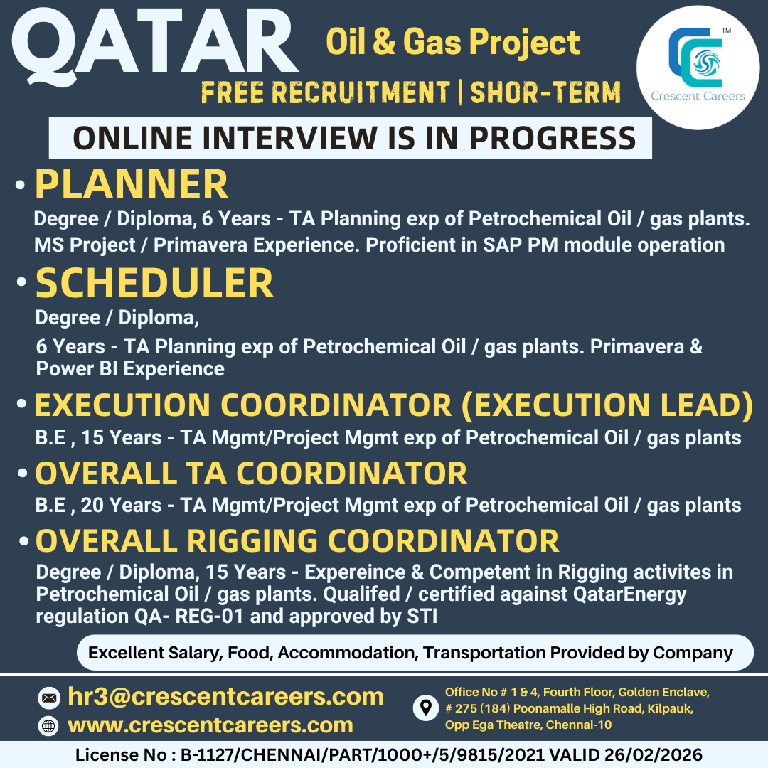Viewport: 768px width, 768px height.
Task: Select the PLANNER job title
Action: [x=132, y=184]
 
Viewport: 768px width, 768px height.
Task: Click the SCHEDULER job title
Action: [x=154, y=283]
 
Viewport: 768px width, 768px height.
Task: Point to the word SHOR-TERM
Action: [x=545, y=92]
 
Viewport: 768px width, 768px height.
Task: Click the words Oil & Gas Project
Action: [x=452, y=42]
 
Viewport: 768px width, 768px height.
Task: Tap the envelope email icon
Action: [x=49, y=698]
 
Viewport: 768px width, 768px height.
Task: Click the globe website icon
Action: [x=48, y=726]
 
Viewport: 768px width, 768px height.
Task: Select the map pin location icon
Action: [x=426, y=708]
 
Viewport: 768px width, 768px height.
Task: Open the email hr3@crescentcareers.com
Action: [x=226, y=696]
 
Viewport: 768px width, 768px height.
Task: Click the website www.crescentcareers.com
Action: [x=210, y=725]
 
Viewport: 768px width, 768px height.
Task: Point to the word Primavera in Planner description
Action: [x=201, y=245]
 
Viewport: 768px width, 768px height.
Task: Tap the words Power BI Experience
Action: [x=130, y=369]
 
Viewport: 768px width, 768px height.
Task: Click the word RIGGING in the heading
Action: [x=252, y=541]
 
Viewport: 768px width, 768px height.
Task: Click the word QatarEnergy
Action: [x=629, y=594]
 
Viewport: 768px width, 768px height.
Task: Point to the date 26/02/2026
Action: [x=654, y=754]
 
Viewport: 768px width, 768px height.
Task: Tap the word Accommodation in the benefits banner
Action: [x=347, y=653]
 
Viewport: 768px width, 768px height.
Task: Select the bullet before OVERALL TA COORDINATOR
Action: [x=22, y=473]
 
